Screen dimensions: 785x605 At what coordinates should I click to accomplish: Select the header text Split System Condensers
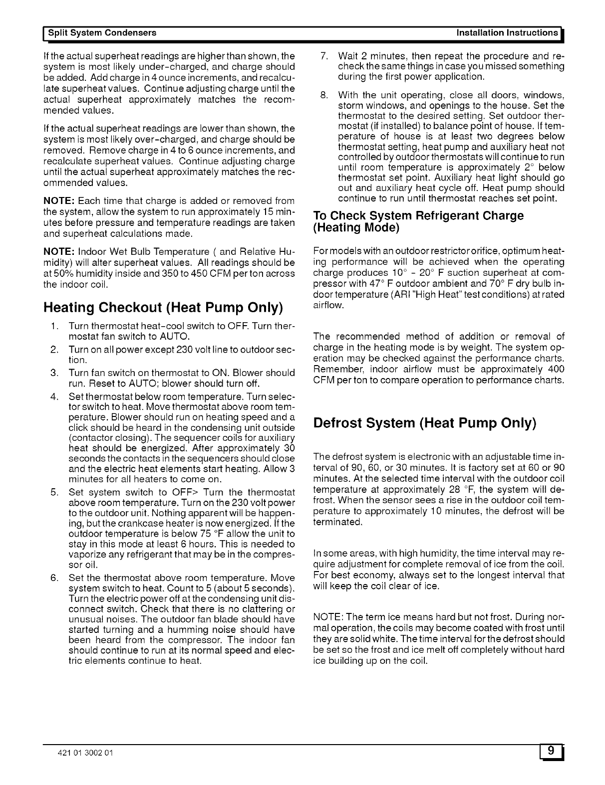[102, 33]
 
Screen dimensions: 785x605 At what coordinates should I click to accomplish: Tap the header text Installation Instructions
[507, 33]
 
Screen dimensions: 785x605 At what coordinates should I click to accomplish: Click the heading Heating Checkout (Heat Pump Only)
[163, 307]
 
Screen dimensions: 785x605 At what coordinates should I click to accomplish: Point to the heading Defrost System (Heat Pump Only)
[424, 423]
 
